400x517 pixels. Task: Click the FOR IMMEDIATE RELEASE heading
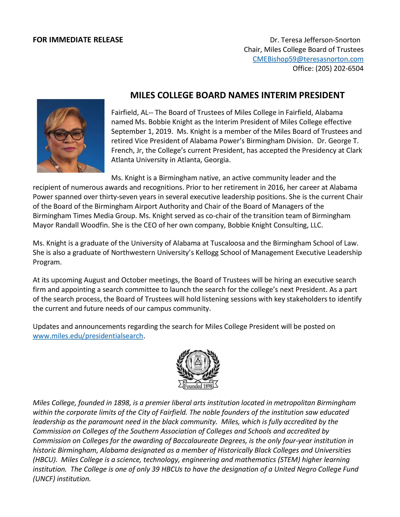point(78,40)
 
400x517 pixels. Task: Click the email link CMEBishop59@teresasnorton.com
point(308,59)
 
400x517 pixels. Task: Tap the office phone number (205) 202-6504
point(339,68)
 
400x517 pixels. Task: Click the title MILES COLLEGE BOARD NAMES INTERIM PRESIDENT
point(237,95)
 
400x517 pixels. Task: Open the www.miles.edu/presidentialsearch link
point(88,336)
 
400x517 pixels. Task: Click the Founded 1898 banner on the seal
point(198,386)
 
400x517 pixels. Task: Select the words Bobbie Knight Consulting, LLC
point(275,225)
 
